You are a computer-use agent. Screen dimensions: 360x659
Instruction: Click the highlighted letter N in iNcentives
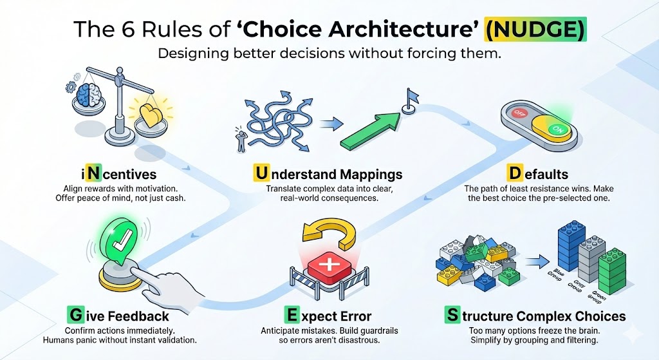pos(97,174)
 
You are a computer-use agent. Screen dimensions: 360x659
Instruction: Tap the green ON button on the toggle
pos(557,129)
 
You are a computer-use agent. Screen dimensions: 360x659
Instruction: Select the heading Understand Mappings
pos(328,174)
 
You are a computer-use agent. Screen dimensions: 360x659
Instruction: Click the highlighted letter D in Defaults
pos(514,174)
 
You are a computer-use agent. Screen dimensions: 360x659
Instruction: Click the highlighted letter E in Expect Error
pos(292,316)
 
